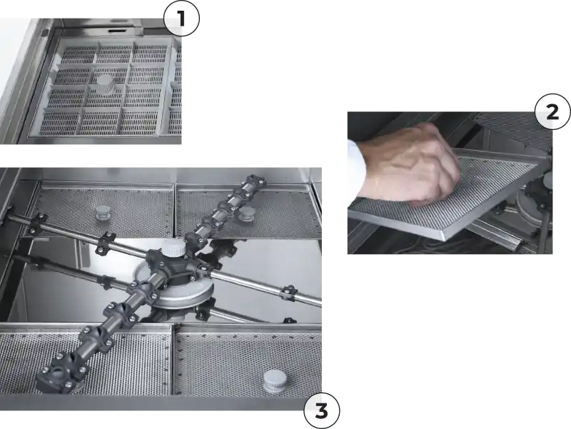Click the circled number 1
tap(181, 19)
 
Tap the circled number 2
tap(552, 111)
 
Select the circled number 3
tap(322, 410)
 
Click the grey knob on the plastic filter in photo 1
tap(105, 84)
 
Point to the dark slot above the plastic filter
tap(120, 31)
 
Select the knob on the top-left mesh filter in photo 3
tap(102, 213)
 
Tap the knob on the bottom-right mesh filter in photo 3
tap(274, 380)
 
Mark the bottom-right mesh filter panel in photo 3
tap(248, 360)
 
